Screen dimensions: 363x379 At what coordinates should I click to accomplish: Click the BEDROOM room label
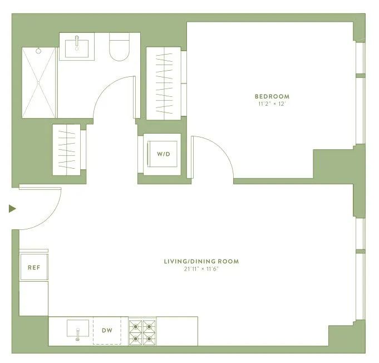(x=272, y=96)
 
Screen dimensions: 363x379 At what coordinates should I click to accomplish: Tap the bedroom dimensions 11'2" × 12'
(x=272, y=104)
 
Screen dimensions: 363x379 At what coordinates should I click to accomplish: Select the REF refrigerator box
(x=34, y=267)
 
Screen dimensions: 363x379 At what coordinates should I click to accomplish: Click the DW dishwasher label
(x=107, y=330)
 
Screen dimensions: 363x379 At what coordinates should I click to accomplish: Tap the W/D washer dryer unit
(x=163, y=154)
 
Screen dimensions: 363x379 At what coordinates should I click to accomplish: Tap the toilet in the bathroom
(x=119, y=48)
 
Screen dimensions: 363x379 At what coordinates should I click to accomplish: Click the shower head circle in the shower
(x=38, y=51)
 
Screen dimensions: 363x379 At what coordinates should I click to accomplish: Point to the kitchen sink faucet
(x=77, y=335)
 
